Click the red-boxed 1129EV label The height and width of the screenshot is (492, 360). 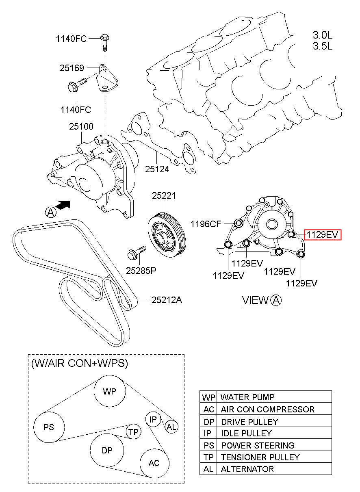[x=323, y=234]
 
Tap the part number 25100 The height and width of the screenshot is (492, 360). [x=81, y=126]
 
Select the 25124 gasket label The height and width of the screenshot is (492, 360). [x=157, y=169]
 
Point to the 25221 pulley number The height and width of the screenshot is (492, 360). [x=164, y=195]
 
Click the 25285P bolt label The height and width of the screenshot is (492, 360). [x=141, y=271]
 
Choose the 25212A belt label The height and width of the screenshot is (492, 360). [x=167, y=300]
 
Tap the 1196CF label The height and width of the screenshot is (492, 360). [x=206, y=224]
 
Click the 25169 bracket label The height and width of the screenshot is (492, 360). [x=72, y=68]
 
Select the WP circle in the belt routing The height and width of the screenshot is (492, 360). [x=110, y=391]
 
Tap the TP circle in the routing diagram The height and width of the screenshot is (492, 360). [x=133, y=432]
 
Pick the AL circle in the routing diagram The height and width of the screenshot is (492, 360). [x=171, y=427]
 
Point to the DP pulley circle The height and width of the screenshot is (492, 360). [x=107, y=450]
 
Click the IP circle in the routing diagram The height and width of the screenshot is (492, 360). [x=153, y=419]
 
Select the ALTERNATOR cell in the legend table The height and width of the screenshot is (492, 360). [x=247, y=469]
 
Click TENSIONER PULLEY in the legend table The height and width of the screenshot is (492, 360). [x=260, y=457]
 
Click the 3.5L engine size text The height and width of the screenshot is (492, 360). [x=323, y=46]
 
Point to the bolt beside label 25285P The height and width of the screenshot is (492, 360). [x=137, y=253]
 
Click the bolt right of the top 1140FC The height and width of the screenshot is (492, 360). [x=105, y=42]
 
